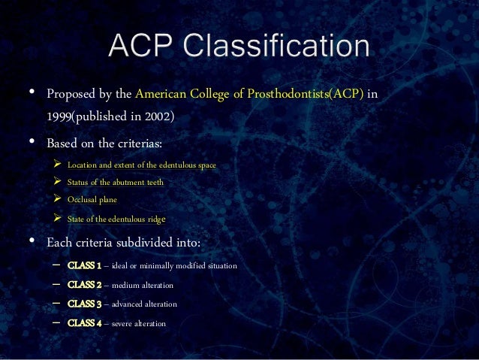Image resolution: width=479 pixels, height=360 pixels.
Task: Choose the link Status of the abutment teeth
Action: (115, 183)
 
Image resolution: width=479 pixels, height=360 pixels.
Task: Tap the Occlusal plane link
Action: (92, 201)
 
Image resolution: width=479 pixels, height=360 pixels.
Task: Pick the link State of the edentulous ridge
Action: (116, 219)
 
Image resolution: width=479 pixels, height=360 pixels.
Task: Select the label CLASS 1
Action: (84, 265)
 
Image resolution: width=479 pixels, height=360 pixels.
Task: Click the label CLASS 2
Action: (84, 285)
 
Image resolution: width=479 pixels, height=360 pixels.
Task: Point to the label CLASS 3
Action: (84, 304)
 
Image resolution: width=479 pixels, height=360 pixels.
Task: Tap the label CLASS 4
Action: (84, 323)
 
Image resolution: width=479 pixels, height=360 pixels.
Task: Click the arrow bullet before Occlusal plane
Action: (57, 201)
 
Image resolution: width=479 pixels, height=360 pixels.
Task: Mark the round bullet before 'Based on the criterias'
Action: (32, 141)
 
